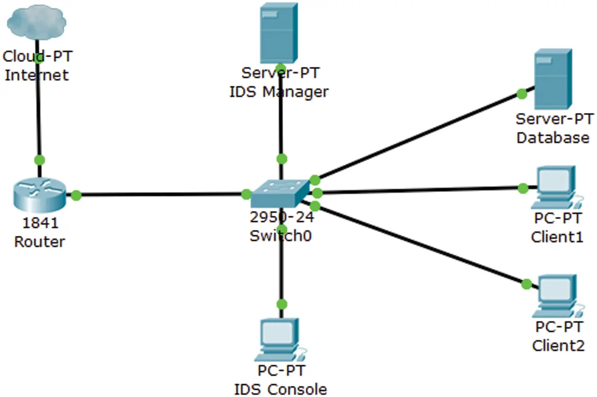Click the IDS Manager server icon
pyautogui.click(x=279, y=33)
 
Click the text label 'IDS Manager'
pyautogui.click(x=279, y=91)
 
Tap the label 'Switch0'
pyautogui.click(x=280, y=235)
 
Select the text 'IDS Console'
pyautogui.click(x=280, y=389)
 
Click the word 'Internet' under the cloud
pyautogui.click(x=36, y=75)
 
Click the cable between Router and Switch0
pyautogui.click(x=161, y=194)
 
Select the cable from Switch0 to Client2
pyautogui.click(x=421, y=245)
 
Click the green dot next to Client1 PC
pyautogui.click(x=522, y=189)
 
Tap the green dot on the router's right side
pyautogui.click(x=76, y=195)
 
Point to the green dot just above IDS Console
pyautogui.click(x=282, y=303)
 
